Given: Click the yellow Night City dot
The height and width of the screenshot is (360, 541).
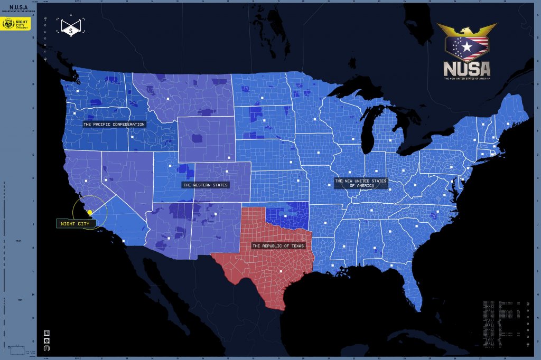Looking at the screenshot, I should point(90,212).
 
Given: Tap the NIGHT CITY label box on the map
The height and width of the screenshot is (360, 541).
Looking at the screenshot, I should point(75,224).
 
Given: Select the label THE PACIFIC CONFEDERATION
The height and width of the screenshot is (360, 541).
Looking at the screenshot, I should point(114,124).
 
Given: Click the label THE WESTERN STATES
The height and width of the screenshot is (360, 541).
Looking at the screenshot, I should point(206,185).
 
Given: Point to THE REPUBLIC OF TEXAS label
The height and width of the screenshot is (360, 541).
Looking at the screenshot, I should point(278,246).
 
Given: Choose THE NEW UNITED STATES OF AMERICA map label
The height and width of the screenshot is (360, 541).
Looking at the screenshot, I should point(361,183).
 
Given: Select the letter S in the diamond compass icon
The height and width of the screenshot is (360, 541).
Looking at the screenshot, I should point(71,31).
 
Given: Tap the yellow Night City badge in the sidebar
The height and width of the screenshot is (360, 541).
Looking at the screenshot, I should point(16,24).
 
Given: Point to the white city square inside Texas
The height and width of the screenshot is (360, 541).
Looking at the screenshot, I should point(281,271).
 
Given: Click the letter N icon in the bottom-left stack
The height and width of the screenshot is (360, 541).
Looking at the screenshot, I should point(46,333).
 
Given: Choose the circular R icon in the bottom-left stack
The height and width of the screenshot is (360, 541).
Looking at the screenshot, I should point(46,341).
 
